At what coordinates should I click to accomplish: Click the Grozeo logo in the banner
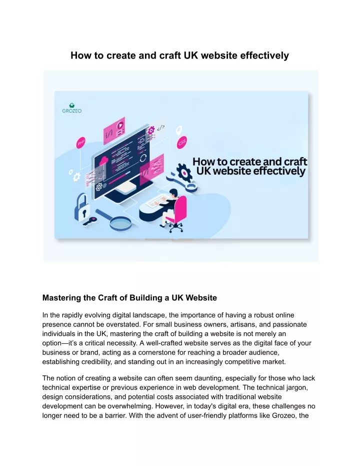pyautogui.click(x=72, y=108)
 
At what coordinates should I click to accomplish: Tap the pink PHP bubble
pyautogui.click(x=80, y=143)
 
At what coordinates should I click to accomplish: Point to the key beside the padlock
pyautogui.click(x=90, y=221)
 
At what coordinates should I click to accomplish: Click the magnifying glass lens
pyautogui.click(x=120, y=223)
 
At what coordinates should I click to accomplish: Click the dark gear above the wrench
pyautogui.click(x=184, y=172)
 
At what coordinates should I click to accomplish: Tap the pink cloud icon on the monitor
pyautogui.click(x=103, y=161)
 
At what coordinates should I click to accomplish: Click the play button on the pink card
pyautogui.click(x=120, y=126)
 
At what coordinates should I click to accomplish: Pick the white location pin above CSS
pyautogui.click(x=178, y=131)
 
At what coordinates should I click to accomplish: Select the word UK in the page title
pyautogui.click(x=191, y=56)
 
